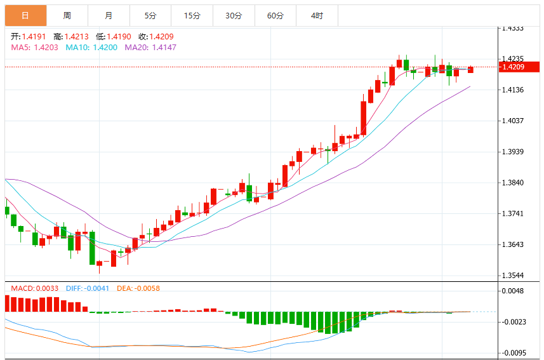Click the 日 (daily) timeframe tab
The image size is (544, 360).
(25, 16)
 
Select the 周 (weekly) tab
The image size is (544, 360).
(67, 16)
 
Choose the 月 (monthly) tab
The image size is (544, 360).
(109, 16)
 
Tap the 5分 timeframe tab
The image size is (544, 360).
(150, 16)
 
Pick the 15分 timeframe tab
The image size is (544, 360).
(192, 16)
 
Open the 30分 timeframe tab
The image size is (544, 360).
(234, 16)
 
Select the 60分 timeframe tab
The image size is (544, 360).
(275, 16)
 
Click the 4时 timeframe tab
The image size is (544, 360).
(317, 16)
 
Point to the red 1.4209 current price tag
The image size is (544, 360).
(519, 67)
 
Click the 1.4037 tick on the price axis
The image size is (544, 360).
(513, 121)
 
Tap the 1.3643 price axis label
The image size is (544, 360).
(513, 244)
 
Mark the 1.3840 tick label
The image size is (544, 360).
(513, 183)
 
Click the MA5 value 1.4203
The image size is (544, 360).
(46, 48)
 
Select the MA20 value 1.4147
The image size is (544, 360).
(164, 48)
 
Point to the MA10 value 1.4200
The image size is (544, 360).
(105, 48)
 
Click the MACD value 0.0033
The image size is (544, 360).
(47, 288)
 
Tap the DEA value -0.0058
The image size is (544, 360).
(147, 288)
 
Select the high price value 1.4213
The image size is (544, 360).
(77, 37)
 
